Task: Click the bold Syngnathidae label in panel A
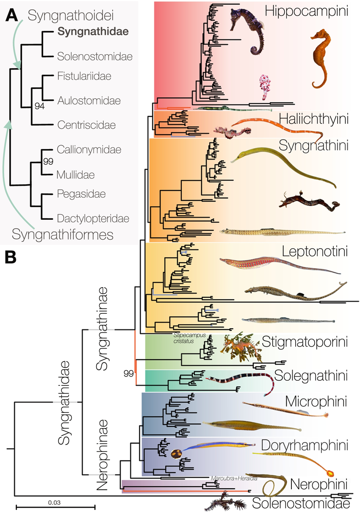pyautogui.click(x=93, y=31)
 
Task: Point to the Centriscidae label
pyautogui.click(x=86, y=125)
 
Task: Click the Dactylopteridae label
pyautogui.click(x=92, y=219)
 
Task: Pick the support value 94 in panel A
pyautogui.click(x=39, y=106)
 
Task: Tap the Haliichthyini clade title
pyautogui.click(x=313, y=119)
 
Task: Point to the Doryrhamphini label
pyautogui.click(x=305, y=445)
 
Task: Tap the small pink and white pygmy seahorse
pyautogui.click(x=264, y=86)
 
